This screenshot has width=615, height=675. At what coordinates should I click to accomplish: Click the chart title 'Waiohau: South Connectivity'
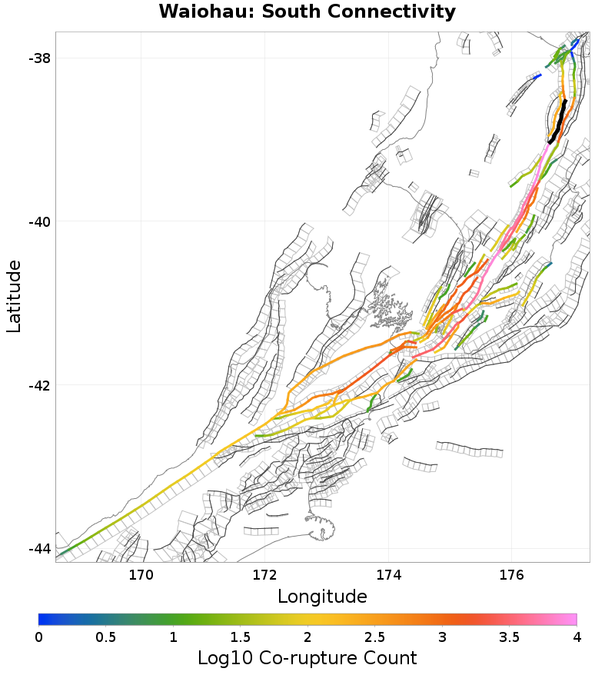[307, 12]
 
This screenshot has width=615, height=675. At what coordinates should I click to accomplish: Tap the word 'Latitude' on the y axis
[14, 297]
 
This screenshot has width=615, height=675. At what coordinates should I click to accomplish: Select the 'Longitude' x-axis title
[322, 597]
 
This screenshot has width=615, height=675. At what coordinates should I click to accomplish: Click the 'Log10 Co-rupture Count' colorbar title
[307, 658]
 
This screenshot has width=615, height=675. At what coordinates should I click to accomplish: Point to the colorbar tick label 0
[38, 637]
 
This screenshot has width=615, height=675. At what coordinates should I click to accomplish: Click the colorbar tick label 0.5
[105, 637]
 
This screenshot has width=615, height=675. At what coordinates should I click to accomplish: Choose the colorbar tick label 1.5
[240, 637]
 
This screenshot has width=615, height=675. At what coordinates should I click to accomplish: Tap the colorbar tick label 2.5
[374, 637]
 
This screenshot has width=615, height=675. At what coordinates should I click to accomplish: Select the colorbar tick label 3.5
[509, 637]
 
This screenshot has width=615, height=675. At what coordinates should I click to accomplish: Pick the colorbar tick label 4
[576, 637]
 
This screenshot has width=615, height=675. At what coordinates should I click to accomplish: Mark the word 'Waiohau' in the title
[194, 12]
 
